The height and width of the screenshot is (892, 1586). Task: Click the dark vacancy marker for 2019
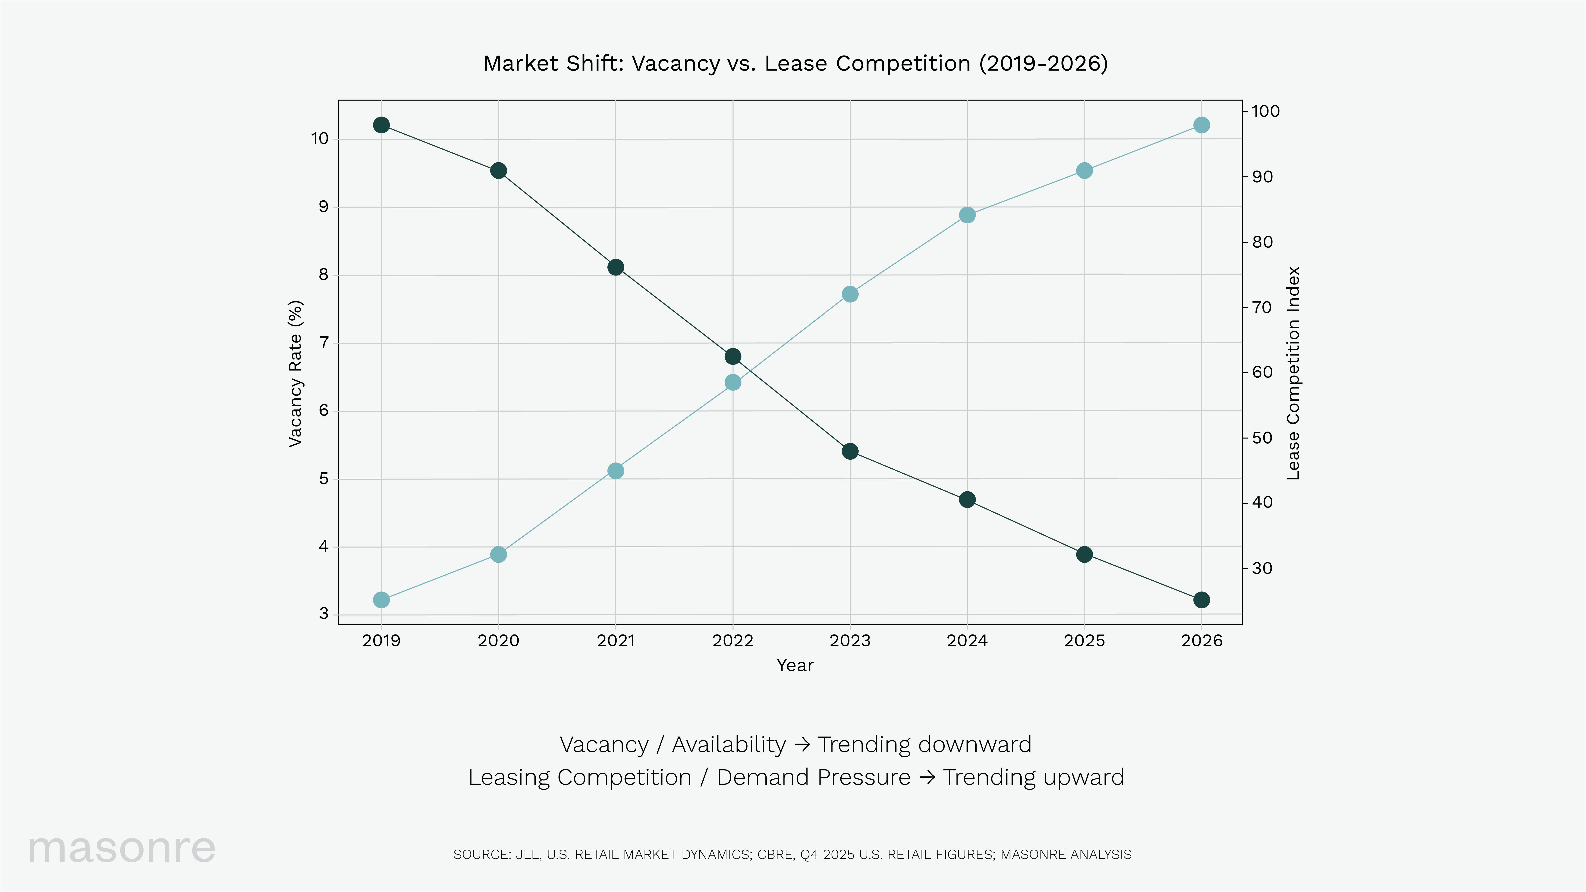coord(381,125)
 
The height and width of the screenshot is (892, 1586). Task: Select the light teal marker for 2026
coord(1201,125)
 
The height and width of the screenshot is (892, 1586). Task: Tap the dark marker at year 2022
coord(733,356)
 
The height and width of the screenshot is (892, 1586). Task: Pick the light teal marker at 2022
coord(733,382)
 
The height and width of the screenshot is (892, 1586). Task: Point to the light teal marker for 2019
coord(381,600)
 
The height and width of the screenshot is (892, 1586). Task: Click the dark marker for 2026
coord(1201,600)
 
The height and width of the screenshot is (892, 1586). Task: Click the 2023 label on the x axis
coord(850,641)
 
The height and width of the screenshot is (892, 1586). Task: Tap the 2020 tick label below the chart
coord(498,641)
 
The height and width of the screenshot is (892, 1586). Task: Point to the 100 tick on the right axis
coord(1265,111)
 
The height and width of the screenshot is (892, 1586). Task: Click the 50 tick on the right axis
coord(1261,438)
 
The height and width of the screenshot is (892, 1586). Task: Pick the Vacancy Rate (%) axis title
coord(296,374)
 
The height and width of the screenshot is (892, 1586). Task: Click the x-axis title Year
coord(795,665)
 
